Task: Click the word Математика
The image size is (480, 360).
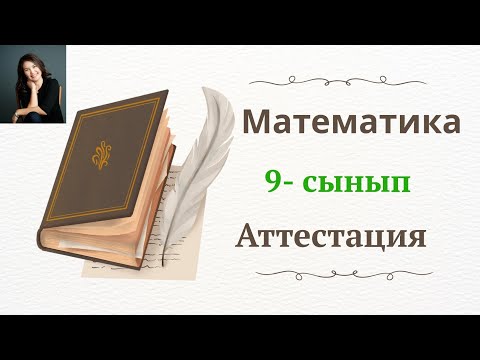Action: (353, 123)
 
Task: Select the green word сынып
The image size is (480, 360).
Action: (358, 183)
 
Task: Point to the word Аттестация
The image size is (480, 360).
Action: (331, 237)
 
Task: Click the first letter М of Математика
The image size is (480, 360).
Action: (258, 123)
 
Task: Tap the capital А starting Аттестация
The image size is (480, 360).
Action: (246, 237)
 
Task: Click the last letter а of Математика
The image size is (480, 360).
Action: (451, 125)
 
